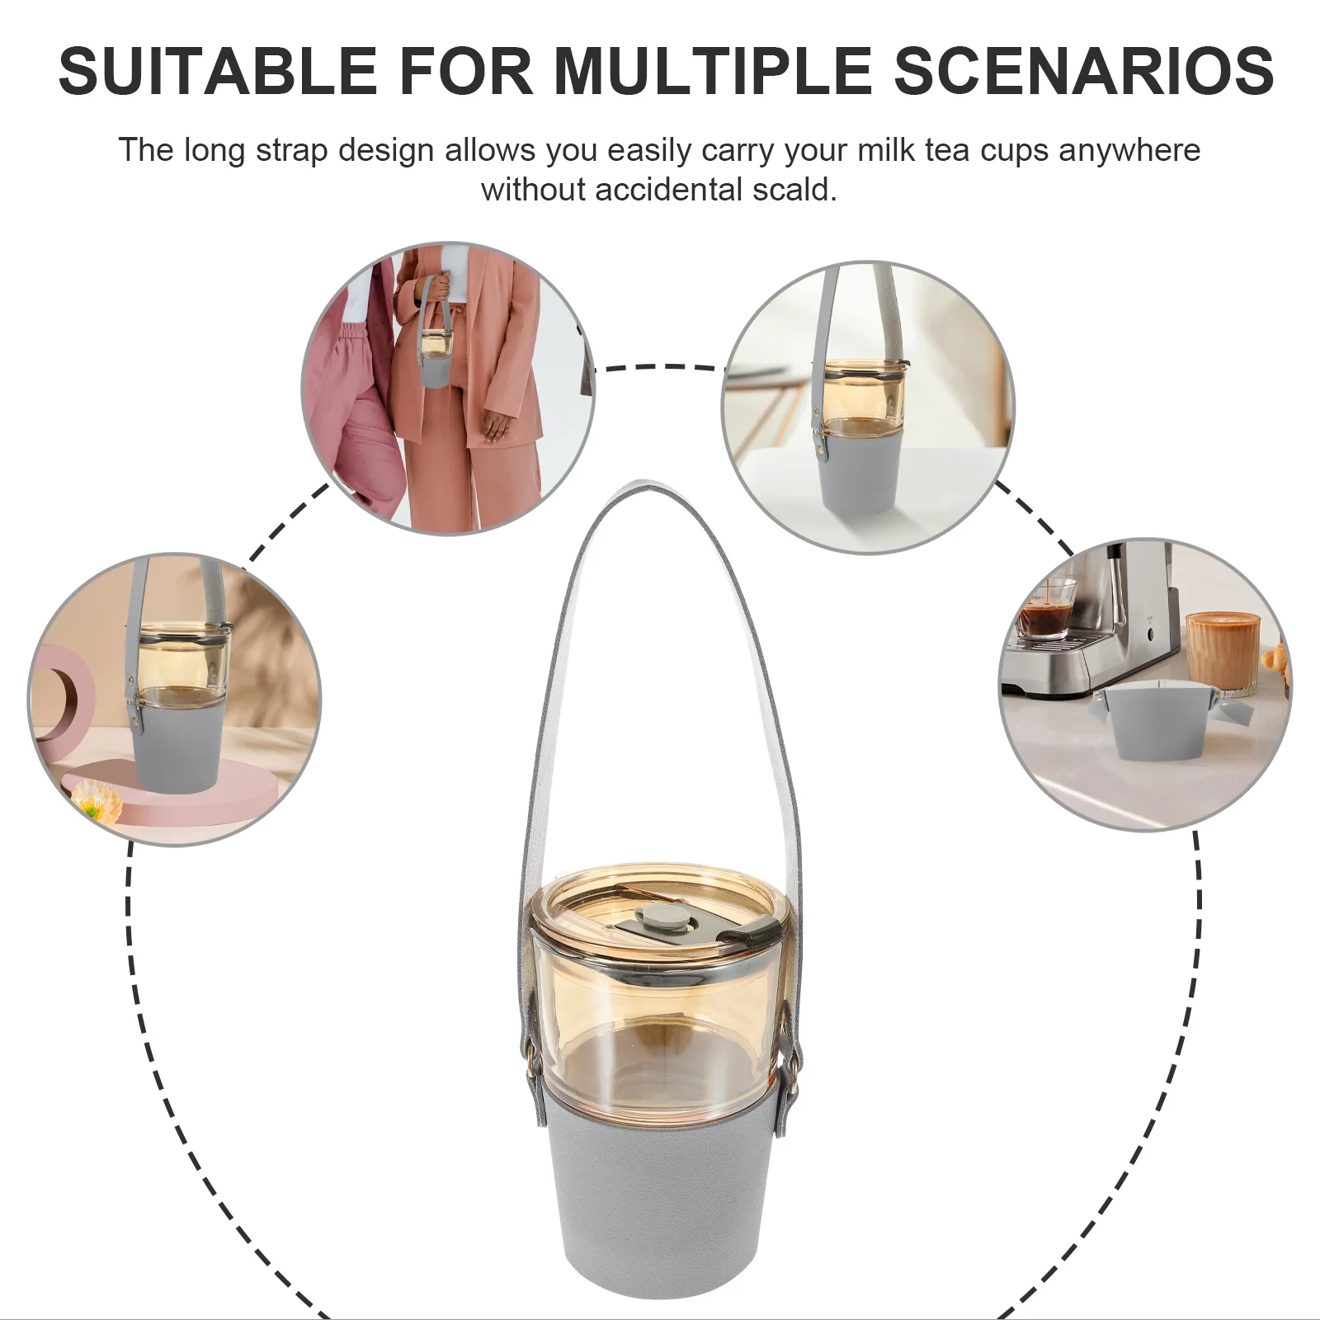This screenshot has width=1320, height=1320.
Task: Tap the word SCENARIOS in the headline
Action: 1084,71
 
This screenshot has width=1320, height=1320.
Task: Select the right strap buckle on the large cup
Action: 794,1072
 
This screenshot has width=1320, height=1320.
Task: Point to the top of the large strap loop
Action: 652,487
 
